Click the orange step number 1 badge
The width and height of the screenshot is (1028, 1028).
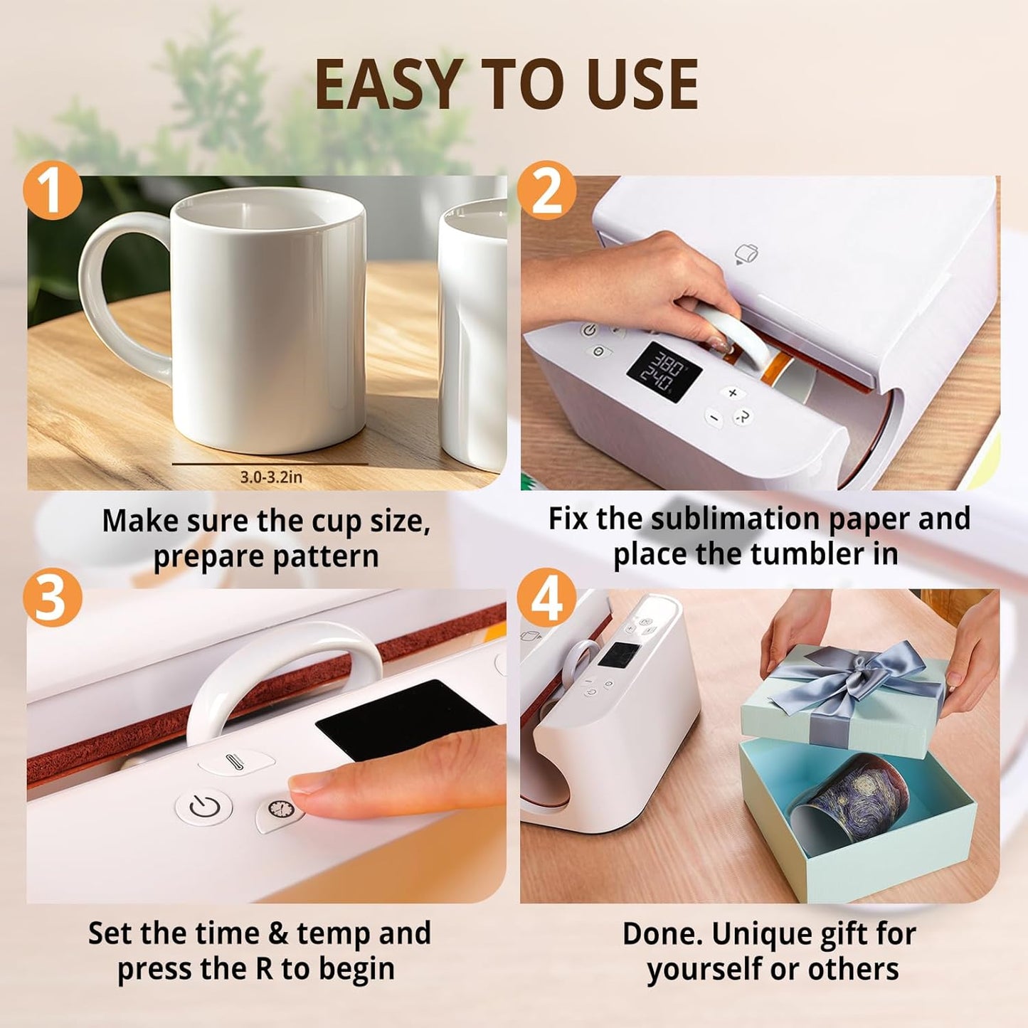53,190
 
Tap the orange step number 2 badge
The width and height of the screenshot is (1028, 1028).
546,190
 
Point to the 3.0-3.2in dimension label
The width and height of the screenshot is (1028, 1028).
270,477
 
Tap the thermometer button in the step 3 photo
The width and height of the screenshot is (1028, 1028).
235,762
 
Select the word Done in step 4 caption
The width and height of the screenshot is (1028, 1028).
662,934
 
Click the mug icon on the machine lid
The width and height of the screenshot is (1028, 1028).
746,253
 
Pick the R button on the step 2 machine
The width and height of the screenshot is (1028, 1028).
743,416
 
